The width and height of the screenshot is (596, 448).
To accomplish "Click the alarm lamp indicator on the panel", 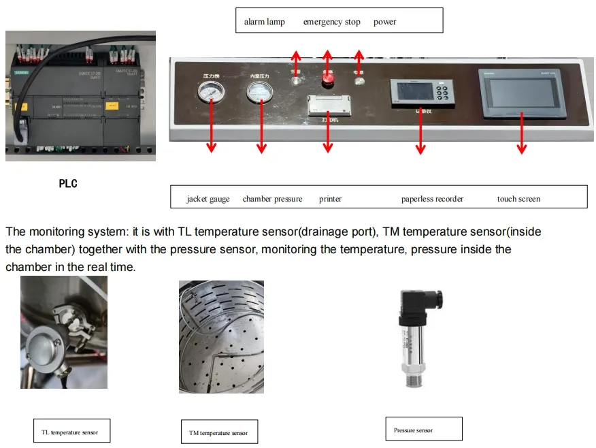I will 295,81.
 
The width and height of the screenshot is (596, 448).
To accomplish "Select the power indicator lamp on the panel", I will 359,81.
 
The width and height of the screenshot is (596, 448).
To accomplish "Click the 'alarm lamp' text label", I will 264,22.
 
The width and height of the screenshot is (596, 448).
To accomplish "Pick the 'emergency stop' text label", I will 331,22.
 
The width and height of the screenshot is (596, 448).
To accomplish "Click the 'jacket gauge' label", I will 208,199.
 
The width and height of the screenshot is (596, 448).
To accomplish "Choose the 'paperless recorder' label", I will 432,199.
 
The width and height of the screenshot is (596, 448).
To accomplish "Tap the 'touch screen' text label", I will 518,199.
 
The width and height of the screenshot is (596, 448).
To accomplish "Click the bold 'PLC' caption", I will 68,183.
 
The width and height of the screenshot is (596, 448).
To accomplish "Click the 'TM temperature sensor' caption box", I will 218,432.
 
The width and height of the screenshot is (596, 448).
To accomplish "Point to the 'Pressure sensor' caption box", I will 423,430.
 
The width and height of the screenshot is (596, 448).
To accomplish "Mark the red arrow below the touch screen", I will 521,136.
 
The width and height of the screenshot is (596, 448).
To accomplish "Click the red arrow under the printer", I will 328,136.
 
